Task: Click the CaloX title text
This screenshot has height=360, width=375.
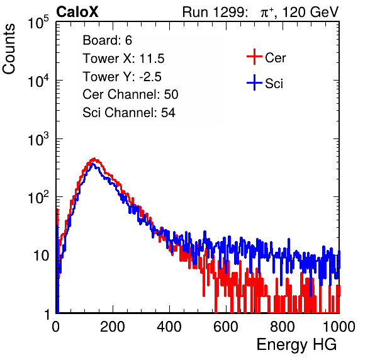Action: click(77, 12)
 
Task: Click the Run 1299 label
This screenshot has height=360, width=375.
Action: click(215, 12)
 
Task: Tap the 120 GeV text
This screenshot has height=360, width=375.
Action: click(310, 12)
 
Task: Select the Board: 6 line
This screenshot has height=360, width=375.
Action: click(107, 40)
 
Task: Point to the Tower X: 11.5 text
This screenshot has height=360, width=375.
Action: click(123, 59)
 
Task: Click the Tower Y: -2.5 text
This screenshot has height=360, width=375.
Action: click(122, 77)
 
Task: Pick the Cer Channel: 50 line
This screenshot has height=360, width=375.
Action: click(130, 94)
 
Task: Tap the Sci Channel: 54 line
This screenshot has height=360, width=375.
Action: click(129, 113)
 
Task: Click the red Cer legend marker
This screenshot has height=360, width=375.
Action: click(254, 57)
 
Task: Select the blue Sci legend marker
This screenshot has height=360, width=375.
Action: click(254, 82)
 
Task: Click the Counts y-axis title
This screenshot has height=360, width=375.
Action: click(9, 49)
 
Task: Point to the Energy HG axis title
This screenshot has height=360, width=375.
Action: click(296, 345)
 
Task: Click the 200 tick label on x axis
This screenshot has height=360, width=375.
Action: click(113, 327)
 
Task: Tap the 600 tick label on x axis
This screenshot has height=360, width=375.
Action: click(226, 327)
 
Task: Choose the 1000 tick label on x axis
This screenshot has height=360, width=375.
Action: click(339, 327)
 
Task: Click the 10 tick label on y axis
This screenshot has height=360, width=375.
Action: click(42, 256)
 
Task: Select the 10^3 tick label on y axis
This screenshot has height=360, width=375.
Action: click(38, 138)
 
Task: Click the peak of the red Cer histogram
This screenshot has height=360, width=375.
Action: click(94, 159)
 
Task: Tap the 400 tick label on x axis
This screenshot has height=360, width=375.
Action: click(169, 327)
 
